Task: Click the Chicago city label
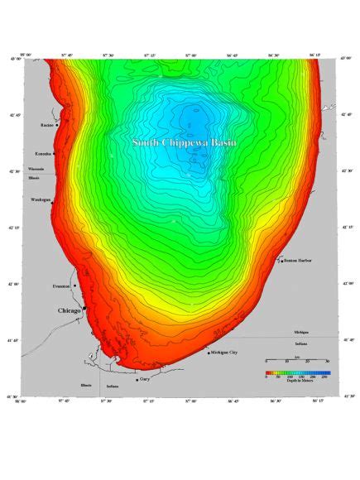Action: pos(69,312)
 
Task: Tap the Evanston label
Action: pos(61,286)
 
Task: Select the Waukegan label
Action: pos(41,199)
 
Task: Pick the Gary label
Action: pos(145,379)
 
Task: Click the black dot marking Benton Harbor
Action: pos(281,261)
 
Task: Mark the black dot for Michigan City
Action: pos(208,353)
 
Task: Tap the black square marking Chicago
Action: pos(84,307)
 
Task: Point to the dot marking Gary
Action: pos(137,380)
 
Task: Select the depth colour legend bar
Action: pos(296,373)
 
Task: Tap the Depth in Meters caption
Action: pos(296,381)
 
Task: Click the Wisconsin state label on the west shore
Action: pos(36,168)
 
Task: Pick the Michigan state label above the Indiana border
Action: pos(300,332)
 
